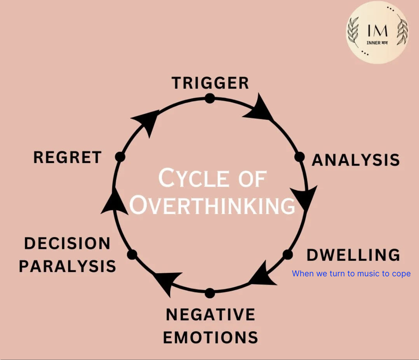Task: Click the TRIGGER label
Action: (210, 83)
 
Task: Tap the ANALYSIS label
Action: (356, 160)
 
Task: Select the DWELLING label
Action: (353, 255)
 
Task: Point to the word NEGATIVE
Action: (211, 315)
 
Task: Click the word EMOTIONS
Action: (211, 337)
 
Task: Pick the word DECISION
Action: (67, 244)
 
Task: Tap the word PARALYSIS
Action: (67, 266)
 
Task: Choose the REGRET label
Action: (67, 157)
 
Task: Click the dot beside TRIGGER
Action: (210, 98)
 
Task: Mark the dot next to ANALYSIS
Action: (299, 157)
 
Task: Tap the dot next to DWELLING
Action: (288, 254)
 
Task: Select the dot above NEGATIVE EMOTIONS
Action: (210, 293)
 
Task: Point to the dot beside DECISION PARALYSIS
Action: (133, 255)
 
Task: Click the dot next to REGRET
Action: (120, 157)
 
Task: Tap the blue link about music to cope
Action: (351, 274)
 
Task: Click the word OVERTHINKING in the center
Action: (212, 205)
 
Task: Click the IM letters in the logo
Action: (378, 31)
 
